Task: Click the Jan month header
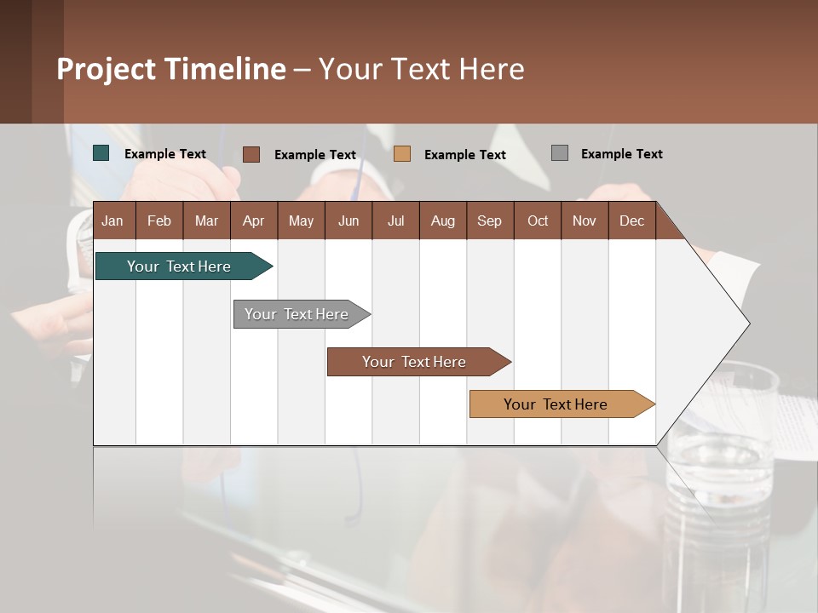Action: (112, 221)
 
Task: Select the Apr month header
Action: (253, 221)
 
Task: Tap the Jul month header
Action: (395, 221)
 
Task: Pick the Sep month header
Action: (489, 221)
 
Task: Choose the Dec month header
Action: (631, 221)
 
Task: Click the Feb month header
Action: (159, 221)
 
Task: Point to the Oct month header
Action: (538, 221)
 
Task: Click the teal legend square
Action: (101, 153)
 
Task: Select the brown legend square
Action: (251, 154)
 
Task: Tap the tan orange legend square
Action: (402, 154)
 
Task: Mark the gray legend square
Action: (560, 153)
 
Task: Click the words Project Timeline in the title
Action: (171, 69)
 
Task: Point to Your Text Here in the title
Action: (422, 69)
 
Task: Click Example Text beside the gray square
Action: (621, 154)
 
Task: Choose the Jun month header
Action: (349, 221)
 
